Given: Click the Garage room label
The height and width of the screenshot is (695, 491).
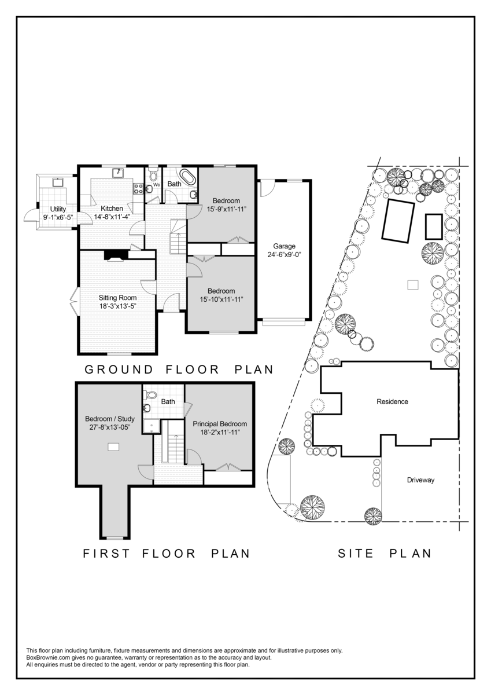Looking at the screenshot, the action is [284, 246].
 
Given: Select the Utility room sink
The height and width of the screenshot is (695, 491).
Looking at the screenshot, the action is [58, 182].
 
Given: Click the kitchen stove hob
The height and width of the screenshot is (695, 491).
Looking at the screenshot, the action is [138, 189].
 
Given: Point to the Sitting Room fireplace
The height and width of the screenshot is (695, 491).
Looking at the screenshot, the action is [116, 255].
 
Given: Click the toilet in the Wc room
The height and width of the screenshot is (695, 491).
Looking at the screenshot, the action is [153, 175].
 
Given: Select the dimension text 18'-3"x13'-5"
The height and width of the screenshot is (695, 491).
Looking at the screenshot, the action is [118, 306].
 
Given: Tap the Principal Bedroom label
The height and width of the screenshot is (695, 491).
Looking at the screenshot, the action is [220, 424].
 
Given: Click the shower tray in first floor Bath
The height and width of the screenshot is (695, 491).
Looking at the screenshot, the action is [151, 426].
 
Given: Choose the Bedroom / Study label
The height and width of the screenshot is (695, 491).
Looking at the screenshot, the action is [110, 419].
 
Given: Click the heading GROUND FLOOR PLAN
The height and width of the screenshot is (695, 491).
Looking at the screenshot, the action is [179, 370].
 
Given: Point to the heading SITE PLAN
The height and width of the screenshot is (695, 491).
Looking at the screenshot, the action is [385, 554].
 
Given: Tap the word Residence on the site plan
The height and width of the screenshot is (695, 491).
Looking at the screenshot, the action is [392, 401].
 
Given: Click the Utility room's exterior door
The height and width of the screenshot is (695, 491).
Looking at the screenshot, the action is [31, 215].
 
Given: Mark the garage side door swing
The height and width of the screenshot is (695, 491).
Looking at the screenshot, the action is [267, 189].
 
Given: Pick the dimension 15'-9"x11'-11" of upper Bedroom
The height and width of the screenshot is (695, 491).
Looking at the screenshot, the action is [227, 209].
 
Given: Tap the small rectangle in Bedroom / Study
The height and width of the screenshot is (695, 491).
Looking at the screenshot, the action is [113, 447].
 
